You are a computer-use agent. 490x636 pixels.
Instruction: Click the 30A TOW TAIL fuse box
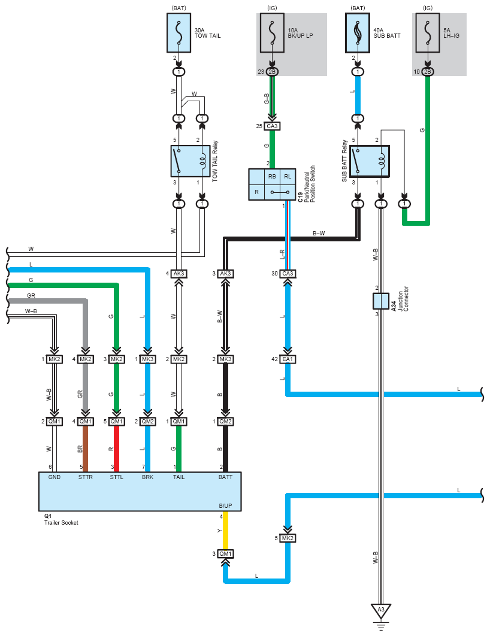pos(179,33)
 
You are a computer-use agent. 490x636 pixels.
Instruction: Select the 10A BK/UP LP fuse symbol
pos(272,33)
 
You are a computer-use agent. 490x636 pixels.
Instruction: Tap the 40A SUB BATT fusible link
pos(358,33)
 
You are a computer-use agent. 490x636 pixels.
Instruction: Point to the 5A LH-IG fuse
pos(428,33)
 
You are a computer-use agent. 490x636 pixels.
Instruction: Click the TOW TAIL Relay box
pos(190,161)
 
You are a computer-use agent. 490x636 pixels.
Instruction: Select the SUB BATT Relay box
pos(370,162)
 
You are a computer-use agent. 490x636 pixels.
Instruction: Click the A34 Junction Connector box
pos(381,301)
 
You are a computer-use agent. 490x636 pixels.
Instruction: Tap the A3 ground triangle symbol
pos(381,610)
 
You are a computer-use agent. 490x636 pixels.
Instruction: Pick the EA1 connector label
pos(288,359)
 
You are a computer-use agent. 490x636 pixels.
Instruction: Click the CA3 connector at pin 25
pos(272,126)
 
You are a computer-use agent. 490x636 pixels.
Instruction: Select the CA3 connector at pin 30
pos(288,273)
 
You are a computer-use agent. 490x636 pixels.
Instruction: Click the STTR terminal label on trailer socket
pos(86,477)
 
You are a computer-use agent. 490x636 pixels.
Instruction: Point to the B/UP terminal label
pos(225,506)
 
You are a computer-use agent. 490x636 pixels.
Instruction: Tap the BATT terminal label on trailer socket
pos(225,477)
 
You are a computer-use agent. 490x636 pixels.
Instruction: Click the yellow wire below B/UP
pos(225,531)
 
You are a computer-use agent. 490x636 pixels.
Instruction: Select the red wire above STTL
pos(116,449)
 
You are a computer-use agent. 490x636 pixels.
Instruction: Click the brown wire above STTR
pos(86,449)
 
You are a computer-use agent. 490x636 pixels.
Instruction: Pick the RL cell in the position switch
pos(288,177)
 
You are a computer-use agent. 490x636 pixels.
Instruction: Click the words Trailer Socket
pos(61,522)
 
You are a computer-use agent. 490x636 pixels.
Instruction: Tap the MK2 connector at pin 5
pos(288,538)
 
